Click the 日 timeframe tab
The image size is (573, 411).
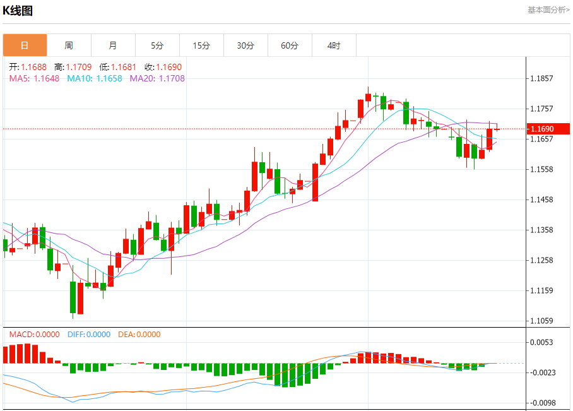(x=25, y=45)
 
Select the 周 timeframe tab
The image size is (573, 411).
(x=69, y=45)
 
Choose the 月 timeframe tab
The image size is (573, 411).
(x=113, y=45)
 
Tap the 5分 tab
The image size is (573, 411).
(x=157, y=45)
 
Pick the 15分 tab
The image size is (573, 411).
(x=201, y=45)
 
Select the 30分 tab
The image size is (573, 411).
(x=245, y=45)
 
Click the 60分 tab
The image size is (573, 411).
(x=290, y=45)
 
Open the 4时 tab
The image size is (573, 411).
(x=334, y=45)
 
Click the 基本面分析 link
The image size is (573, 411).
(x=548, y=9)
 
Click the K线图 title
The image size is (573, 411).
(x=18, y=11)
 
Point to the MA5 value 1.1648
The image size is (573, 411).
(x=47, y=78)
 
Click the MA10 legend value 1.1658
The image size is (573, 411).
(x=109, y=78)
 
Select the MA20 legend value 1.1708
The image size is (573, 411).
(x=172, y=78)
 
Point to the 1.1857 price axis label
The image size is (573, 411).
(x=542, y=79)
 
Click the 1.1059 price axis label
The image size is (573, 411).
(x=542, y=321)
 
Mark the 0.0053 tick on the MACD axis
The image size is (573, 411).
(x=542, y=342)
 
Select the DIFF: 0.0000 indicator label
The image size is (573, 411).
(x=88, y=335)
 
